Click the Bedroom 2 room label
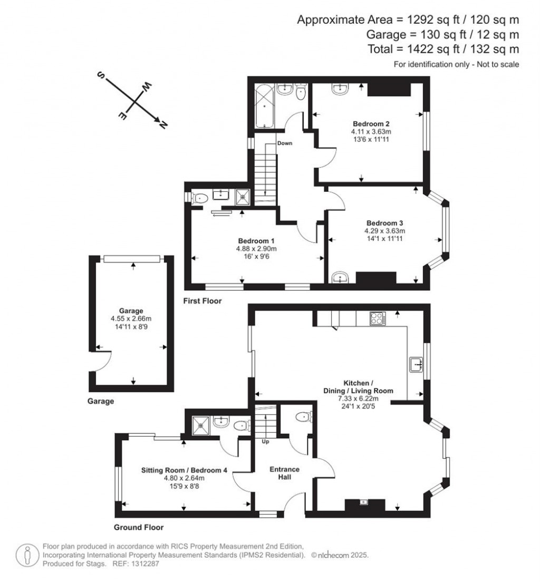pyautogui.click(x=371, y=123)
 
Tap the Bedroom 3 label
pyautogui.click(x=384, y=223)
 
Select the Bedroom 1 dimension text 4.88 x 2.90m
pyautogui.click(x=256, y=249)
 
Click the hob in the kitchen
pyautogui.click(x=378, y=318)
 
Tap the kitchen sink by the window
pyautogui.click(x=416, y=364)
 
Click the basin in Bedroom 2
pyautogui.click(x=340, y=89)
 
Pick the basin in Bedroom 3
pyautogui.click(x=340, y=278)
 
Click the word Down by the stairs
pyautogui.click(x=285, y=143)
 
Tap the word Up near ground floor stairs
pyautogui.click(x=266, y=442)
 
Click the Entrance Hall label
pyautogui.click(x=284, y=473)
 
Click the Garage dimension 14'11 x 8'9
pyautogui.click(x=131, y=327)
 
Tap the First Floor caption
pyautogui.click(x=202, y=301)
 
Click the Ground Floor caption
pyautogui.click(x=139, y=527)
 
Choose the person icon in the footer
pyautogui.click(x=27, y=555)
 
